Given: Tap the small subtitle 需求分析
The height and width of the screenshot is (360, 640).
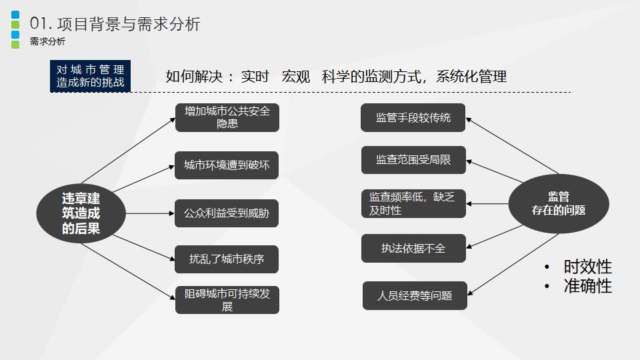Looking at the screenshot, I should pyautogui.click(x=47, y=42).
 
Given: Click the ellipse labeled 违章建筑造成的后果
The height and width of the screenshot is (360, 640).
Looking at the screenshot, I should pyautogui.click(x=81, y=213).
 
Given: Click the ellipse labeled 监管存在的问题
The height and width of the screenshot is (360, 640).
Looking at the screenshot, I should pyautogui.click(x=559, y=203).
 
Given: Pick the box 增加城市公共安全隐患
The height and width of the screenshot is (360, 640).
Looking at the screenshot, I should pyautogui.click(x=227, y=117).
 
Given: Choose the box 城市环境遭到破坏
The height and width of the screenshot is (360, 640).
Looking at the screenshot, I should pyautogui.click(x=227, y=165).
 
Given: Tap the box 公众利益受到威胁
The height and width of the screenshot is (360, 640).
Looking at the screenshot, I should pyautogui.click(x=227, y=213).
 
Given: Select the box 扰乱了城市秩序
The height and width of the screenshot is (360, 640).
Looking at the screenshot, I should pyautogui.click(x=227, y=259).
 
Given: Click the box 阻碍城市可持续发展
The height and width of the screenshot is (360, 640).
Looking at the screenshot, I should pyautogui.click(x=227, y=300).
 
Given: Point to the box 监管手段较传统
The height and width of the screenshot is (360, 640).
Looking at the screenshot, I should pyautogui.click(x=413, y=118).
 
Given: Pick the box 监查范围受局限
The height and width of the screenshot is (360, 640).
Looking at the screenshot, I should pyautogui.click(x=413, y=160).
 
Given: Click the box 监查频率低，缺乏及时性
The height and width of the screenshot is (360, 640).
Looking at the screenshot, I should pyautogui.click(x=413, y=203).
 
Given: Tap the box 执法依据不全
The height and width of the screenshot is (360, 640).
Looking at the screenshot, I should pyautogui.click(x=413, y=248).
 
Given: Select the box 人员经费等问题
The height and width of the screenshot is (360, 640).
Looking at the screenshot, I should pyautogui.click(x=415, y=295).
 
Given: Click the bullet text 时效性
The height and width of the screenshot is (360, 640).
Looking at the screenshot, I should pyautogui.click(x=587, y=267).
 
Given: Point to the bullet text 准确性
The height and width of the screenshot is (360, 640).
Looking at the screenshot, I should pyautogui.click(x=587, y=286).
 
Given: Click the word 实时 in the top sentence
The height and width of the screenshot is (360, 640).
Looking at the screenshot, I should pyautogui.click(x=255, y=76).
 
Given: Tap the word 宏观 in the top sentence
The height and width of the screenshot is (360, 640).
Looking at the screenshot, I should pyautogui.click(x=296, y=76).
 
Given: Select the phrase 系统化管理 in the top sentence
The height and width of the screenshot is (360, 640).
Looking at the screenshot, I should pyautogui.click(x=471, y=76).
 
